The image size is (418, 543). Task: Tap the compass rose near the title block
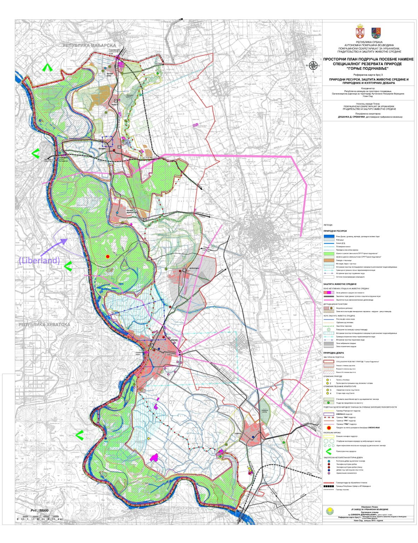coord(313,66)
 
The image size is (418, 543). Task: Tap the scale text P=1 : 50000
coord(39,510)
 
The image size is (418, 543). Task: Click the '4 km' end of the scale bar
coord(61,519)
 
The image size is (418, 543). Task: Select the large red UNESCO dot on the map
coord(108,256)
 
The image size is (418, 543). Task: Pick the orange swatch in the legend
coord(329,260)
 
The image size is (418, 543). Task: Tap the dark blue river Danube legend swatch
coord(329,236)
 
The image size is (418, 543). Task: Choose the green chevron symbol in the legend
coord(329,451)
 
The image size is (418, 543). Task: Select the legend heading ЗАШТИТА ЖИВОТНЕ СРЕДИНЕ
coord(340,284)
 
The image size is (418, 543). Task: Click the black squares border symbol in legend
coord(329,486)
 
